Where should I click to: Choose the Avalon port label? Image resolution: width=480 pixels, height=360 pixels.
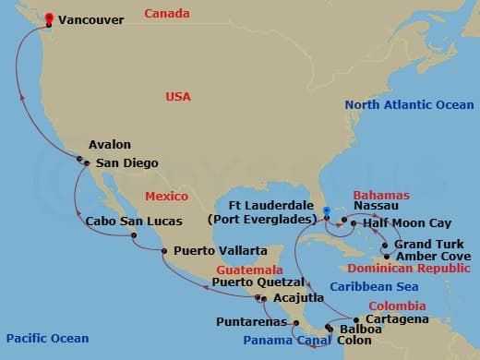click(x=110, y=145)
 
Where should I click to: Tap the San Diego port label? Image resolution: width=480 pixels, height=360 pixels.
click(x=127, y=163)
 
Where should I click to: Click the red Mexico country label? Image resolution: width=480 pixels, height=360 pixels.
click(x=166, y=197)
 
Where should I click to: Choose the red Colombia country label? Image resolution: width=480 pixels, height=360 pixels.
click(x=397, y=305)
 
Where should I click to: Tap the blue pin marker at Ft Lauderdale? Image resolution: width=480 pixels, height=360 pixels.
click(x=327, y=210)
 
